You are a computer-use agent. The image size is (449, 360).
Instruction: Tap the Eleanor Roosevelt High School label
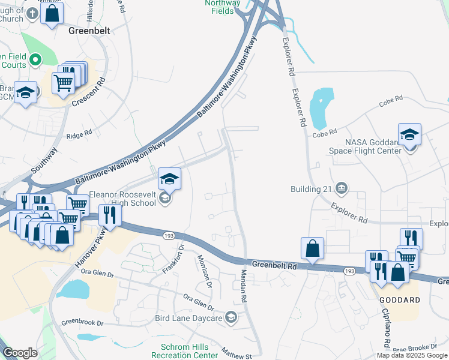(123, 199)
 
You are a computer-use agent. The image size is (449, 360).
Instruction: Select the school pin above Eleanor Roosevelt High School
(170, 178)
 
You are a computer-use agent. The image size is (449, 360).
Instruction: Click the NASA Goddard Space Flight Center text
(372, 146)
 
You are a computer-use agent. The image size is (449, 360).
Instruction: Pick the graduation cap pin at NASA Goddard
(409, 134)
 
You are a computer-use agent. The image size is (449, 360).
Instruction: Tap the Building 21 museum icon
(341, 189)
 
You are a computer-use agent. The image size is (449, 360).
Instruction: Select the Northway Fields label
(221, 7)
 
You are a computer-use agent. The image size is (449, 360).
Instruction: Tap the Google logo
(20, 353)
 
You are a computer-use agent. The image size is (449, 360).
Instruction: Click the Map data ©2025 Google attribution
(412, 355)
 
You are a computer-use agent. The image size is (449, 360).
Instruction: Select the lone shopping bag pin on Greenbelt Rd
(313, 248)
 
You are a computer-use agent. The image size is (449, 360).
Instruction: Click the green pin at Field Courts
(35, 59)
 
